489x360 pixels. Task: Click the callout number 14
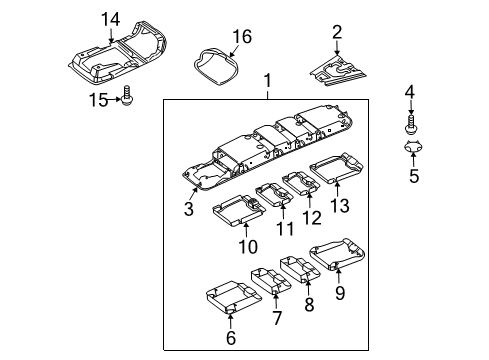[110, 20]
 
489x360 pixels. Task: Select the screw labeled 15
[127, 96]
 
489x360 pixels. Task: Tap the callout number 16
[242, 36]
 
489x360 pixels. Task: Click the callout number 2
[337, 32]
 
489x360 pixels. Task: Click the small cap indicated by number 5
[413, 147]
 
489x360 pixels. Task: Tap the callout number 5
[414, 176]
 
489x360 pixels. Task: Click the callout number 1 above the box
[267, 81]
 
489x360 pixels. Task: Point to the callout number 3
[189, 209]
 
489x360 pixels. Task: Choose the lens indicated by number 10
[239, 211]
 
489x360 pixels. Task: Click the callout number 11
[285, 229]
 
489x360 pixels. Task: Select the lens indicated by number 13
[336, 168]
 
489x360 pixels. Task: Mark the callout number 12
[312, 218]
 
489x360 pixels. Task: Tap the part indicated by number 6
[233, 297]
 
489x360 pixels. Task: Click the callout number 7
[277, 318]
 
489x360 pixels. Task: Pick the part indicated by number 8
[299, 270]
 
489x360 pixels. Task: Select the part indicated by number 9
[337, 254]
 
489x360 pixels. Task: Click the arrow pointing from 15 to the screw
[114, 99]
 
